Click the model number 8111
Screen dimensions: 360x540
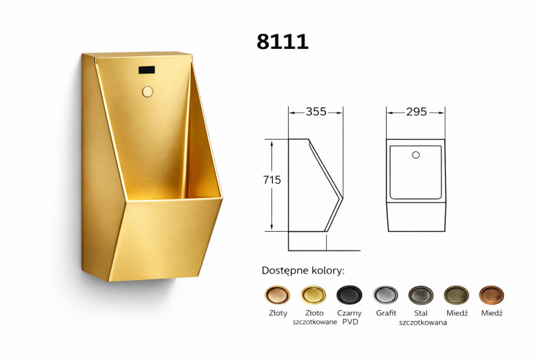282,41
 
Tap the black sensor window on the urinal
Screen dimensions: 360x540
147,71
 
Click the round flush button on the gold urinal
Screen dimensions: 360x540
148,92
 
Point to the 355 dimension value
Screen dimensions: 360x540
315,112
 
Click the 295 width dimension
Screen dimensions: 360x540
416,112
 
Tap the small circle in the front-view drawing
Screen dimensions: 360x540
415,155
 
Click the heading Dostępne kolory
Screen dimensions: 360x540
303,271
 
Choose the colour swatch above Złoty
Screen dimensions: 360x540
276,294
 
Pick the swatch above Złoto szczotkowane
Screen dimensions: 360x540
314,294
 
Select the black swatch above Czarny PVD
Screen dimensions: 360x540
349,294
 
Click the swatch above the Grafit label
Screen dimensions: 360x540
386,294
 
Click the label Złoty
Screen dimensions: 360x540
276,313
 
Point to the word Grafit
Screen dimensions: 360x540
386,313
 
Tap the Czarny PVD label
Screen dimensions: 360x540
349,318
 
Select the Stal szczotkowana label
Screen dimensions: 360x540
423,318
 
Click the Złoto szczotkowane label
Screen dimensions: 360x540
314,318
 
